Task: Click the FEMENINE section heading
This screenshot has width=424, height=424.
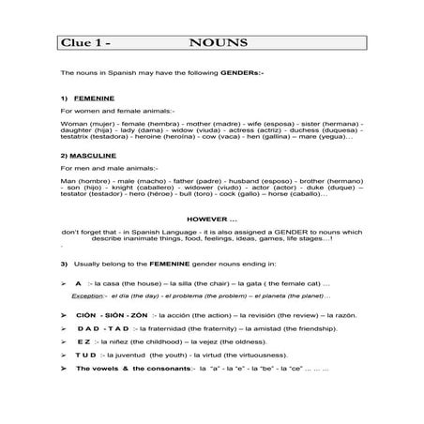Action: point(97,98)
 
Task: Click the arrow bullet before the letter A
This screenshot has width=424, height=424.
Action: point(63,281)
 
